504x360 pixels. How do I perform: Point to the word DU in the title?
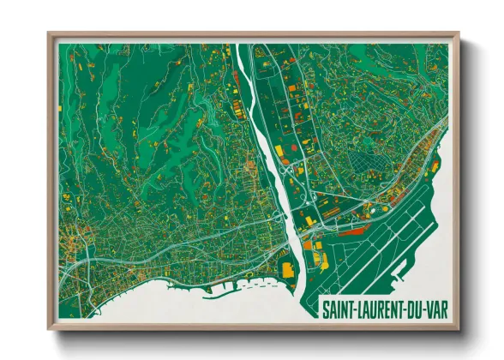tap(412, 308)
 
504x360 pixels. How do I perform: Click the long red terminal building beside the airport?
tap(351, 230)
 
